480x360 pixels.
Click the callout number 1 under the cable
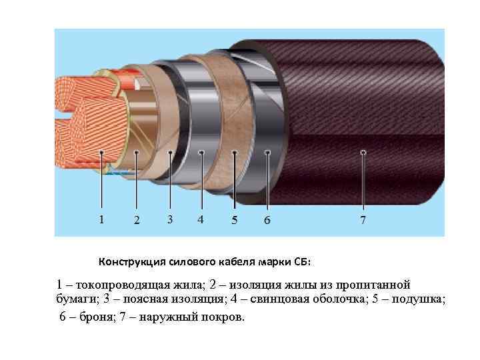101,219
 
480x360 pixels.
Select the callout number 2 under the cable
136,220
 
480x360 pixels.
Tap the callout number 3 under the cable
170,219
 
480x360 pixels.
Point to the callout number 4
201,219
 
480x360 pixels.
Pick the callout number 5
234,220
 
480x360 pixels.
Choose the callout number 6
267,220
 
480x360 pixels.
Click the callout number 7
363,220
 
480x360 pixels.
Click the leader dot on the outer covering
363,153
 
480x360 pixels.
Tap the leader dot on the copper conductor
101,153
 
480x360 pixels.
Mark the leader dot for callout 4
201,153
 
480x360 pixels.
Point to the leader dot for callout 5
234,153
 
